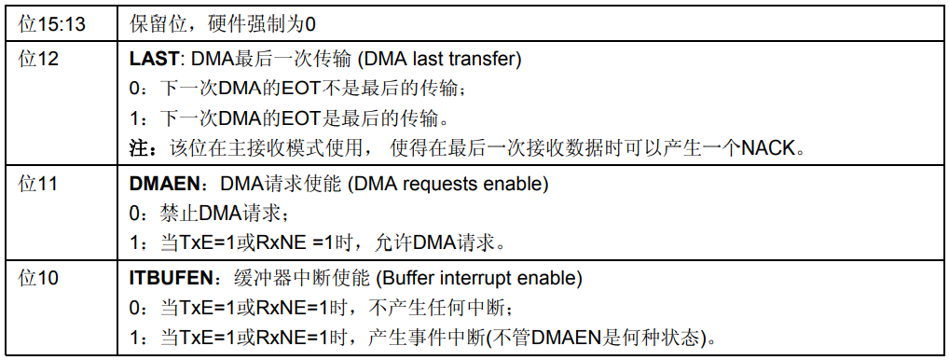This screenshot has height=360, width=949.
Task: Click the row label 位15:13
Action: [52, 22]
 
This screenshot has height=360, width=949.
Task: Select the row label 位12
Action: [39, 59]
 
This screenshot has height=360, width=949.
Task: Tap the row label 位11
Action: [39, 185]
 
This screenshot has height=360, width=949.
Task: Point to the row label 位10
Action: [39, 279]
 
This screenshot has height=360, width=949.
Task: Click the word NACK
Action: [772, 147]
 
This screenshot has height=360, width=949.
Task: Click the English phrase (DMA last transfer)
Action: [442, 60]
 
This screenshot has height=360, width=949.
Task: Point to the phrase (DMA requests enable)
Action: [447, 185]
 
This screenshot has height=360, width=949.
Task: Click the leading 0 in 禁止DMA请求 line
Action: [134, 215]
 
